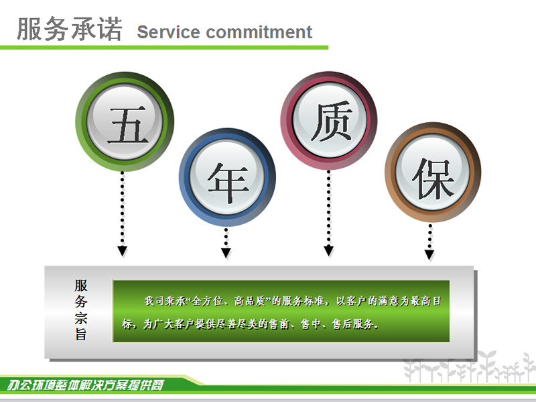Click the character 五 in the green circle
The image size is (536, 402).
[x=128, y=125]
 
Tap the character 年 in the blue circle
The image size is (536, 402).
[x=228, y=183]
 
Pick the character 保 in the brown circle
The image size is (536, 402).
[x=433, y=179]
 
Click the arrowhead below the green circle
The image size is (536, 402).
[x=123, y=251]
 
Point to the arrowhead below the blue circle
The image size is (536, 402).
[x=226, y=253]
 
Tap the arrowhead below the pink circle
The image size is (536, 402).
[x=328, y=250]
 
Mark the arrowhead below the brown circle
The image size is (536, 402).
[x=429, y=255]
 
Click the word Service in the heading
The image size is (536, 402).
[x=168, y=32]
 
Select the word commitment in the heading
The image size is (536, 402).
[x=259, y=32]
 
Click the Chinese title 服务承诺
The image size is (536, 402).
[x=70, y=29]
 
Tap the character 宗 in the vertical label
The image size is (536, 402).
[x=81, y=318]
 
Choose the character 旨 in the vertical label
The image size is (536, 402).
[x=81, y=334]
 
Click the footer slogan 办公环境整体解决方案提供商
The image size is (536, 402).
[x=86, y=385]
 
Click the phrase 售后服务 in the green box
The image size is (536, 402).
[x=352, y=323]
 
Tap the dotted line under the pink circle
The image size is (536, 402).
[x=328, y=208]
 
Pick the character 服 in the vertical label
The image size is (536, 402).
[x=81, y=286]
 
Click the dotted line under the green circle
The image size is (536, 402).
[x=123, y=209]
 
